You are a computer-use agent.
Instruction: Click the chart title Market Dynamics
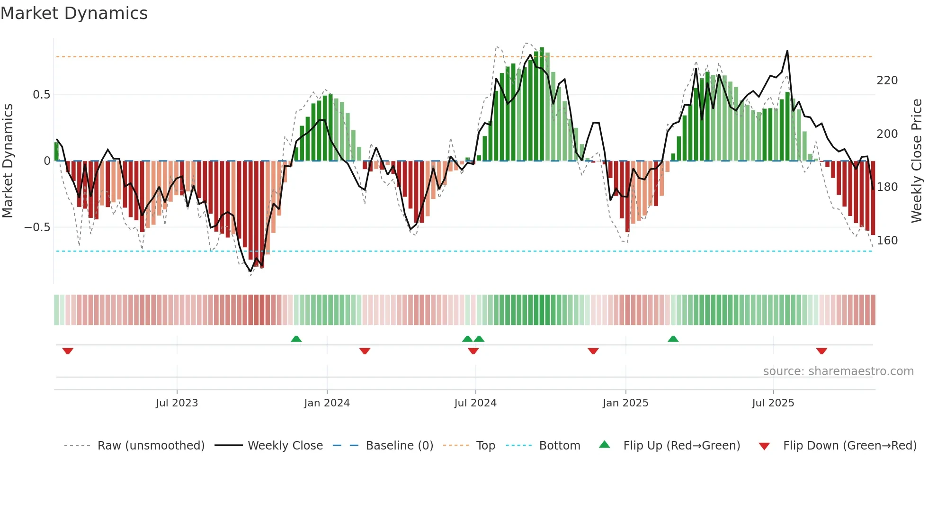[74, 13]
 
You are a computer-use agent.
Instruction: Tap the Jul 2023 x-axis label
[177, 403]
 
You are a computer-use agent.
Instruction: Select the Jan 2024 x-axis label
[327, 403]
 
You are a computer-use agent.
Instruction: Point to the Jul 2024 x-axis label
[475, 403]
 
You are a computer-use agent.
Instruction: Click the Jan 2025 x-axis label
[625, 403]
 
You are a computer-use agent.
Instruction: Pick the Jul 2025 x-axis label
[773, 403]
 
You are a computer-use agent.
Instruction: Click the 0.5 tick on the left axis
[41, 95]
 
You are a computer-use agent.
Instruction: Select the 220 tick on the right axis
[887, 81]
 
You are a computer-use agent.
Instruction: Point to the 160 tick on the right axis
[887, 241]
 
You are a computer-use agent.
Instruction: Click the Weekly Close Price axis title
[917, 161]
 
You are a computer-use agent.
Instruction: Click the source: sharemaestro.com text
[838, 371]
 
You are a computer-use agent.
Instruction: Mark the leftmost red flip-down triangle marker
[68, 351]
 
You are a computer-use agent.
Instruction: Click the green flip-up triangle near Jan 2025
[673, 339]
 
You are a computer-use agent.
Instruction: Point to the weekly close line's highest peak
[787, 51]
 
